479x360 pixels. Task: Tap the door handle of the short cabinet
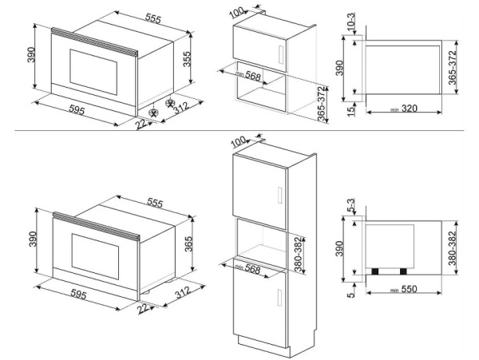pos(279,53)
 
